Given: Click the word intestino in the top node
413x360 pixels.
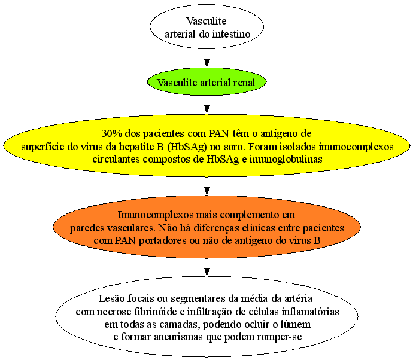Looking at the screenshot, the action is (x=231, y=34).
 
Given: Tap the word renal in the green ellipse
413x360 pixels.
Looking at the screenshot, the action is (x=244, y=83).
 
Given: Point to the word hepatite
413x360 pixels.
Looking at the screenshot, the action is (x=136, y=147).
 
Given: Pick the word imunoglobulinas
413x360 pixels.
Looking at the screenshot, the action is (x=286, y=159).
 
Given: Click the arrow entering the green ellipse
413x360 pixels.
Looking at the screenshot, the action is (x=207, y=59).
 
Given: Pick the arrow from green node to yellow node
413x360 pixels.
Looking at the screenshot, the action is (x=207, y=105).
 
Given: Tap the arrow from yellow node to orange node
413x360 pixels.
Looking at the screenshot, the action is (x=207, y=186).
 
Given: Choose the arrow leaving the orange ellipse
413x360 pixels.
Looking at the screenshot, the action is (x=207, y=267).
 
